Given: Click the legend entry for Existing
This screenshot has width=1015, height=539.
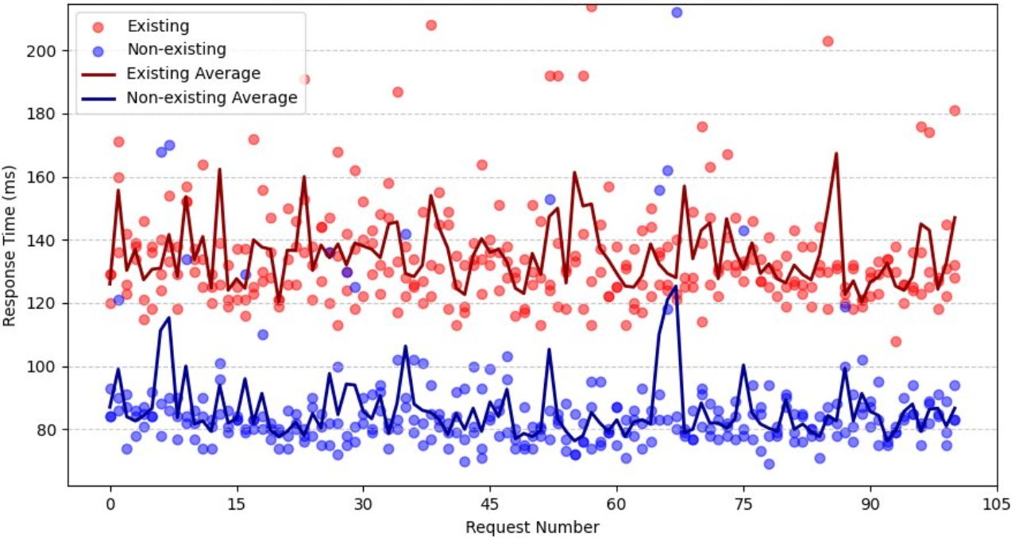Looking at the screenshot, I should (x=158, y=27).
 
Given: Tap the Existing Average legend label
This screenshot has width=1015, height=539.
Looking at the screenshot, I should (x=194, y=74).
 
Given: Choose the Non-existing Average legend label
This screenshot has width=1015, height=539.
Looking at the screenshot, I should (x=212, y=98).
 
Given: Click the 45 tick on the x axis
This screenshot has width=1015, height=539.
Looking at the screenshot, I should (x=490, y=503).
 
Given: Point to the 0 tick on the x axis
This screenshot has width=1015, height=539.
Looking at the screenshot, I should (x=110, y=503).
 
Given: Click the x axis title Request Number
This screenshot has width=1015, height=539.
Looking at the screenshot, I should (x=532, y=526).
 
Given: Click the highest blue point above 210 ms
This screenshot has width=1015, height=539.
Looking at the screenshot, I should (x=677, y=12).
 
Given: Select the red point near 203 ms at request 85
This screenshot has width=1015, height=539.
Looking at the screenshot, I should (x=828, y=41).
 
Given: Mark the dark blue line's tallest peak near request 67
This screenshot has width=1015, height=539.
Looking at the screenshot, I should (x=675, y=287).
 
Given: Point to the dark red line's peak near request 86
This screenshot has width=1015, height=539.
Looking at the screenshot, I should (x=836, y=153).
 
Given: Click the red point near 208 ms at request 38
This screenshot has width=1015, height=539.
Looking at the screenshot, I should (x=431, y=25).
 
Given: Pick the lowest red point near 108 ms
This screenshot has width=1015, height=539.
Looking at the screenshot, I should (x=896, y=341).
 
